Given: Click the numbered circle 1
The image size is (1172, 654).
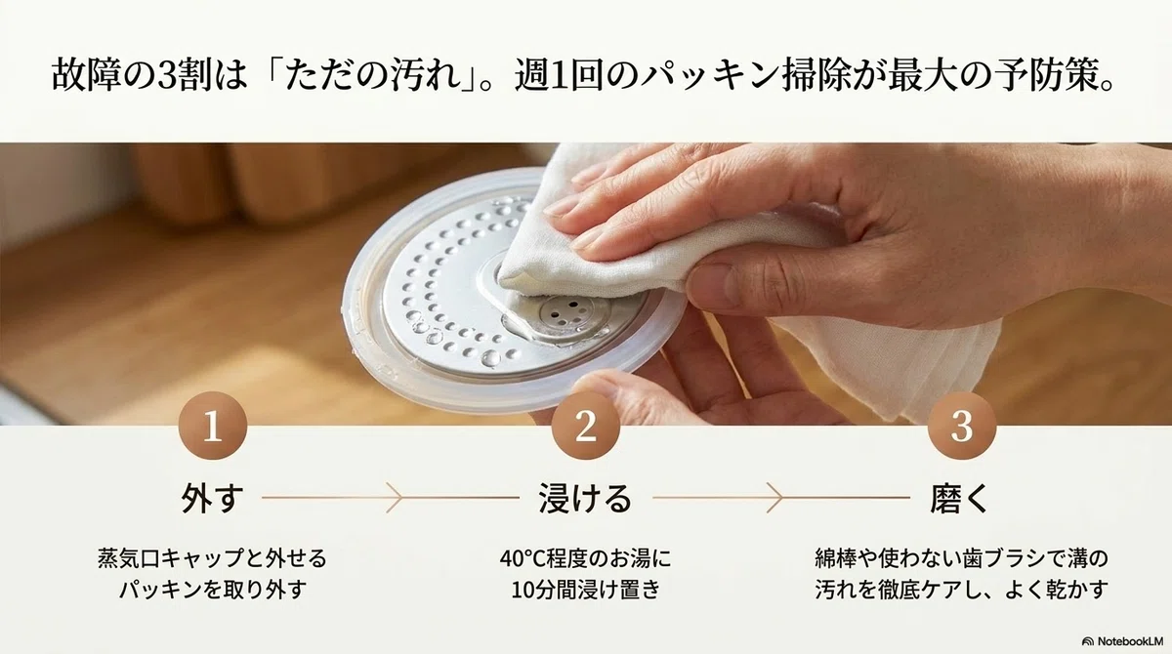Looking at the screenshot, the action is pyautogui.click(x=213, y=426).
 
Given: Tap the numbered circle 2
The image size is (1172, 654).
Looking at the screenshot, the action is pyautogui.click(x=585, y=426).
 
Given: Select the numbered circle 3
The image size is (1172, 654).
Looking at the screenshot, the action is pyautogui.click(x=962, y=426).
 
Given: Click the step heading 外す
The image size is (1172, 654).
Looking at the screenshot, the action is pyautogui.click(x=213, y=498).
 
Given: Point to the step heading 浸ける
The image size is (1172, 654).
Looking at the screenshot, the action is pyautogui.click(x=585, y=498).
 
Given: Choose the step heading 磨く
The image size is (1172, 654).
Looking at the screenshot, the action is pyautogui.click(x=959, y=498).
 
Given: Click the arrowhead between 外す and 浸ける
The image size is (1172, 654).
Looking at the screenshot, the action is pyautogui.click(x=395, y=498).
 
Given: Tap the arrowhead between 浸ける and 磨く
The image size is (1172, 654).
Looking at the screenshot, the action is pyautogui.click(x=774, y=498).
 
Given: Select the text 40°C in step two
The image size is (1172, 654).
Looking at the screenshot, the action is pyautogui.click(x=523, y=558).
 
